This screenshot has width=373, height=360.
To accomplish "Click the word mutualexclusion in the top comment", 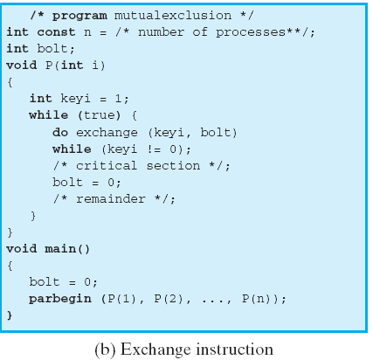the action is (173, 15).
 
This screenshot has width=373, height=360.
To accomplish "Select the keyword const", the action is (56, 32).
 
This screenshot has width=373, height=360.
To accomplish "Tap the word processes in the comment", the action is (251, 32).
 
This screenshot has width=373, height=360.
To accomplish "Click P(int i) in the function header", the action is (75, 66).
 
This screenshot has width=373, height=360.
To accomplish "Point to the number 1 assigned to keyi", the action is (118, 99).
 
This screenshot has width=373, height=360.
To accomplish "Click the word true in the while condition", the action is (99, 115).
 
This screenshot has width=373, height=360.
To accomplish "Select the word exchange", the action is (107, 133).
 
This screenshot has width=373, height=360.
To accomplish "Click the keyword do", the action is (60, 133).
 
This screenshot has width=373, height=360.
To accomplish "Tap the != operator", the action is (154, 149).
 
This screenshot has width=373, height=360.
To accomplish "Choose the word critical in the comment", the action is (107, 166).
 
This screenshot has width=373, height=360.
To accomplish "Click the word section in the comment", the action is (173, 166).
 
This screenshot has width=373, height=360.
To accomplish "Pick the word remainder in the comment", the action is (111, 199).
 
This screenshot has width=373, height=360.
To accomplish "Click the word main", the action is (60, 249).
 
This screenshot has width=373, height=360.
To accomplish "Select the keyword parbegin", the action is (60, 299).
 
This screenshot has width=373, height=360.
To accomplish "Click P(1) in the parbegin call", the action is (121, 299).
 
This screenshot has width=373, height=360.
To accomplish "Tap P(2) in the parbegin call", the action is (169, 299).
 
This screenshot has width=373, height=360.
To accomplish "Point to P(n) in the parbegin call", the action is (257, 299).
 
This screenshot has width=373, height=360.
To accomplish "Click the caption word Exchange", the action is (155, 350).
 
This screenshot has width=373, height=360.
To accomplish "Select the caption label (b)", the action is (105, 350).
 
